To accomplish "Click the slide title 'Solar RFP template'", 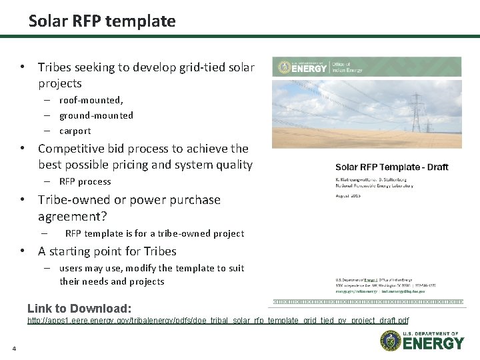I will point(102,21).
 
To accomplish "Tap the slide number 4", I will point(13,348).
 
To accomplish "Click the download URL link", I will point(218,321).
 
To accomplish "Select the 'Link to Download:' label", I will point(79,308).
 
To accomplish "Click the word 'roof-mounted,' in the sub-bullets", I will point(91,100).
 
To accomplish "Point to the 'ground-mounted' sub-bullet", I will point(96,115).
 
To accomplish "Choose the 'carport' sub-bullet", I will point(75,131).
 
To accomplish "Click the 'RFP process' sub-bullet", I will point(85,181).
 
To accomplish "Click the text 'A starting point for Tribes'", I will point(107,251).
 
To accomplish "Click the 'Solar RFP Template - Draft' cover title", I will point(391,167).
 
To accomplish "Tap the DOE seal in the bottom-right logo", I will point(390,341).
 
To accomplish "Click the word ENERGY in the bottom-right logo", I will point(433,343).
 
